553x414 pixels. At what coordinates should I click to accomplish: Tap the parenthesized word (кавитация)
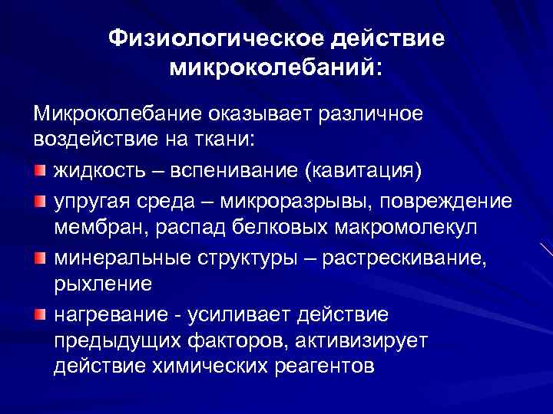point(364,169)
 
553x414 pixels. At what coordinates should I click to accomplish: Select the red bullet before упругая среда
point(40,201)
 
